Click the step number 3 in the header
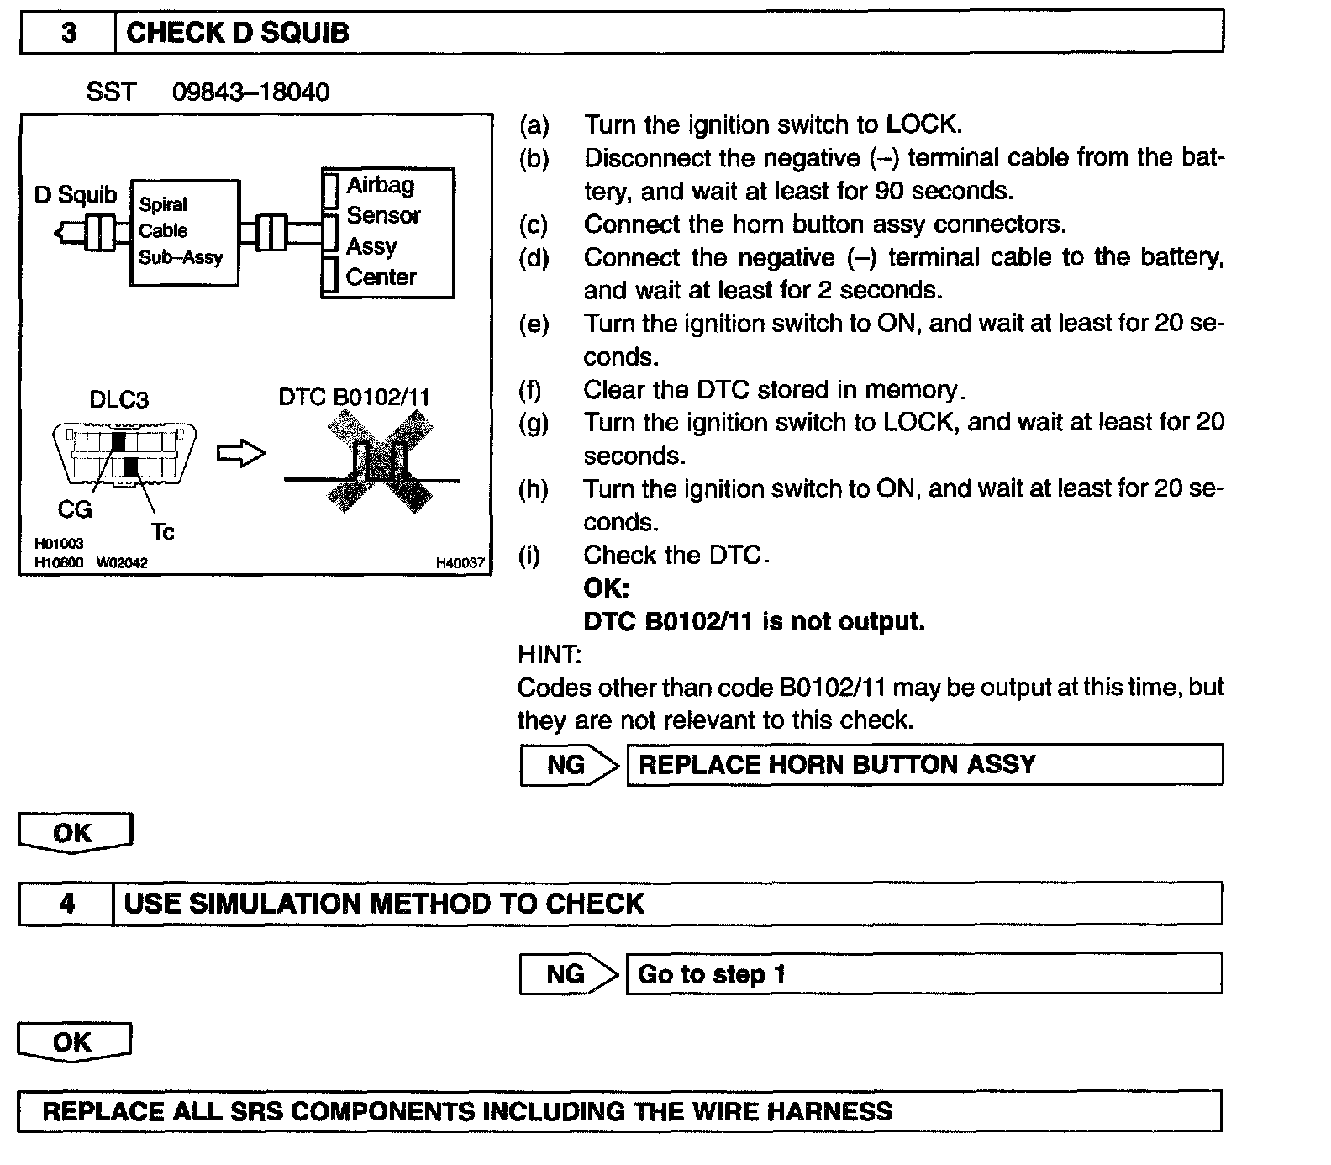tap(69, 33)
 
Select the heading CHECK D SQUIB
tap(238, 33)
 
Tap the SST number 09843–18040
tap(250, 92)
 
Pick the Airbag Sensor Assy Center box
tap(387, 232)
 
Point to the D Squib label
tap(76, 195)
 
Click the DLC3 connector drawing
tap(126, 454)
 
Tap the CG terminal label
tap(75, 509)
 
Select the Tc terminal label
tap(162, 532)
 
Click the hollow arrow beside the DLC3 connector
tap(241, 454)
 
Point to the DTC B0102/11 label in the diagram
tap(354, 397)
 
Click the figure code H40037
tap(460, 563)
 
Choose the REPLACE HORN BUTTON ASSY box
tap(924, 765)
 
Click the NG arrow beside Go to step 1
tap(569, 974)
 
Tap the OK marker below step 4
tap(74, 1043)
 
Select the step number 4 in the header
tap(67, 904)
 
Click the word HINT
tap(549, 654)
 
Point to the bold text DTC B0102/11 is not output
tap(754, 621)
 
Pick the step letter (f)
tap(530, 390)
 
